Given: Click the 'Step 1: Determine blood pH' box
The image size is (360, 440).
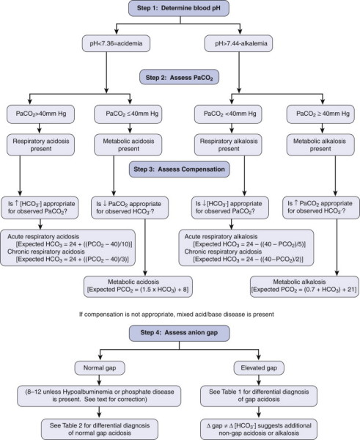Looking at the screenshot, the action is click(x=179, y=8).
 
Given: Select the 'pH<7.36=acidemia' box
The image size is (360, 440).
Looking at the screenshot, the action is click(x=116, y=43).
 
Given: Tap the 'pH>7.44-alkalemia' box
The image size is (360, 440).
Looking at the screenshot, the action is click(x=238, y=43).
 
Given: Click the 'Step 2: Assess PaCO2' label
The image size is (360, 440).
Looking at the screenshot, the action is click(x=179, y=77).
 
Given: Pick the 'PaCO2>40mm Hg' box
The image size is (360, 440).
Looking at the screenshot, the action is click(x=40, y=114).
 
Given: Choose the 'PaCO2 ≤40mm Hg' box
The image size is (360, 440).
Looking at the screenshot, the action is click(x=128, y=114).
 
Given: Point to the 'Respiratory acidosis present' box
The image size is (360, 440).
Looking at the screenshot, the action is click(x=40, y=144).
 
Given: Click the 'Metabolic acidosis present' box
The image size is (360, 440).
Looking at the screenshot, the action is click(x=128, y=144).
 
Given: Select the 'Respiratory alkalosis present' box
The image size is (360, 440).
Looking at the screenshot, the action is click(x=228, y=144).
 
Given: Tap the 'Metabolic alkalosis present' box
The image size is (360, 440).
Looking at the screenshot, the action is click(x=320, y=144).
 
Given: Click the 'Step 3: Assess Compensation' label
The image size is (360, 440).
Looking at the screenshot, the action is click(x=180, y=169).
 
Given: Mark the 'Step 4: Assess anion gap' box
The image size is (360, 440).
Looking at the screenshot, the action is click(x=180, y=333).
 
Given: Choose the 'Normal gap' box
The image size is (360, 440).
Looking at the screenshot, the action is click(x=100, y=368).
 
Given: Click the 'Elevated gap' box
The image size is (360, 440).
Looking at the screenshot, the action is click(x=259, y=368).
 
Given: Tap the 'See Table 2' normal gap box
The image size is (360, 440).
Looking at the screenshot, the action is click(x=100, y=429).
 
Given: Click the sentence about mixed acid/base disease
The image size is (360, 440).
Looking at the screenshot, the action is click(x=177, y=315).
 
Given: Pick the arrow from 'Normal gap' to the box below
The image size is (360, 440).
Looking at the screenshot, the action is click(x=99, y=380).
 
